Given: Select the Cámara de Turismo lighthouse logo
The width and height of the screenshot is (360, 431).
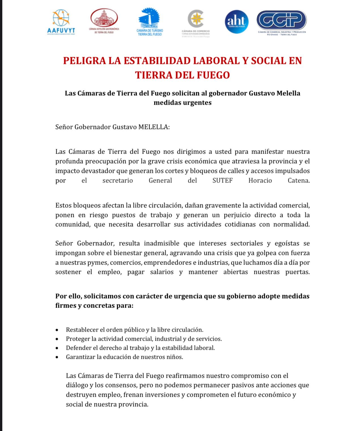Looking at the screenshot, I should coord(150,22).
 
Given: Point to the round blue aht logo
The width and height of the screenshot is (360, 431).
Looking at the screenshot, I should coord(237,22).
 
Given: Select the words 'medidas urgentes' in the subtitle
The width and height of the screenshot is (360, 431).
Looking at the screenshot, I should coord(182,103).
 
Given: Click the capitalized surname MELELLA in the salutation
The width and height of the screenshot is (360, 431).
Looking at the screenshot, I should coord(154,127).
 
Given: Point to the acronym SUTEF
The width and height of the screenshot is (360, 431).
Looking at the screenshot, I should coord(222,181).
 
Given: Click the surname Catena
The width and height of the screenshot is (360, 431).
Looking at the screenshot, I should coord(299,181).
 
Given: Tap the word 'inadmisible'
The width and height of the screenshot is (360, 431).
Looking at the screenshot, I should coord(161,243).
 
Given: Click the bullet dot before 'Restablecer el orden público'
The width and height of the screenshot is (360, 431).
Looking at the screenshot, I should coord(57,330).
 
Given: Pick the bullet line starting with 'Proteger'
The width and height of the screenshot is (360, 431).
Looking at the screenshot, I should coord(144,339).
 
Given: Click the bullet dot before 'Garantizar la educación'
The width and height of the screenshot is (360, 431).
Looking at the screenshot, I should coord(57,357).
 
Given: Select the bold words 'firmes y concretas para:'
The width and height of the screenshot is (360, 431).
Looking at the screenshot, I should coord(94,306).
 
